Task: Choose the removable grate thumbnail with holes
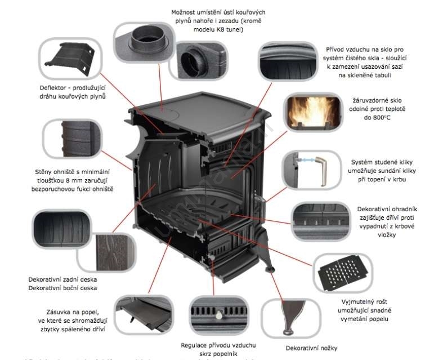(x=343, y=270)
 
